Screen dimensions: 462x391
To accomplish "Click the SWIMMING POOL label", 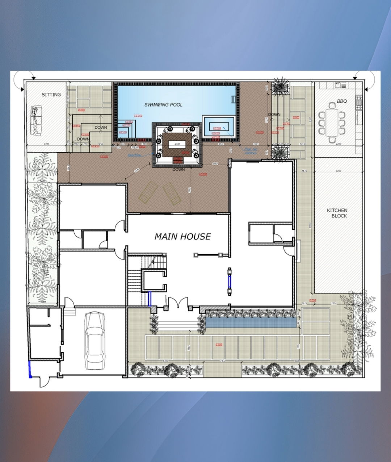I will click(163, 105).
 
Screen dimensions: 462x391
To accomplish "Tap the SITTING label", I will click(51, 95).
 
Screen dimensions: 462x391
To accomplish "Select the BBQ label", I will click(342, 101).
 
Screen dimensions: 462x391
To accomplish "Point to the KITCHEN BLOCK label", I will click(337, 213).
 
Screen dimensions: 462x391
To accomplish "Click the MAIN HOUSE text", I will click(182, 237).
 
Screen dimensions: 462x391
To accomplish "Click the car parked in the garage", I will click(94, 340).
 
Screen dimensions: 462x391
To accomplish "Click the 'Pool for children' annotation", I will click(251, 151).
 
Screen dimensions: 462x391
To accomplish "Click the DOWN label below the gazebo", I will click(178, 169).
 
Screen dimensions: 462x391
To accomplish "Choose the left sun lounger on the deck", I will click(148, 192).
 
